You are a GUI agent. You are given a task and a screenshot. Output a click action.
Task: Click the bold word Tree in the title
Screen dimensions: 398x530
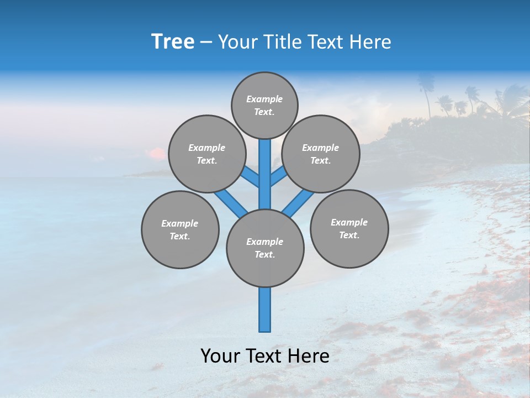point(173,41)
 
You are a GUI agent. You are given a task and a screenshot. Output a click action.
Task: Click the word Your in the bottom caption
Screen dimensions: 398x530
point(220,356)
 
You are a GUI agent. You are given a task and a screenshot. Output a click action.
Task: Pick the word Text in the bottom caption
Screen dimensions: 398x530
point(263,356)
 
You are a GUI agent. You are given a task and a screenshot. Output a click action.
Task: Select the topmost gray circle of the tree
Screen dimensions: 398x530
point(264,105)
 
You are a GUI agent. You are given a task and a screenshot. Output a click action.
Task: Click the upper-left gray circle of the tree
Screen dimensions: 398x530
point(206,154)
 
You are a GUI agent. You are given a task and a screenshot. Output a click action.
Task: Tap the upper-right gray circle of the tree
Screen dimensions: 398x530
point(321,154)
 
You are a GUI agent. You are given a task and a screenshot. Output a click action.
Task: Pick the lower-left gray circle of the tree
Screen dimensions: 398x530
point(180,229)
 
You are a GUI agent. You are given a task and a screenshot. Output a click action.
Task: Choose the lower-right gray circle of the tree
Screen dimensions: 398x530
point(349,228)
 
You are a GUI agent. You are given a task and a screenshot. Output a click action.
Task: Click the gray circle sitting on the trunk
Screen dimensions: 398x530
point(265,248)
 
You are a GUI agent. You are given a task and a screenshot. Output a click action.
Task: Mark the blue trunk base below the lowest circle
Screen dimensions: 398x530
point(265,310)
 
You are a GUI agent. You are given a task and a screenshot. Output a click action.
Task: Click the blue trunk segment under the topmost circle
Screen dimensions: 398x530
point(265,171)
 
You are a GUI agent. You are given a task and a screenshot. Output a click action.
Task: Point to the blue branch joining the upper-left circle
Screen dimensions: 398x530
point(251,178)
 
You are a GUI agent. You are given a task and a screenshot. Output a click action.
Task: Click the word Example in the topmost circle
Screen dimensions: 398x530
point(264,99)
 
